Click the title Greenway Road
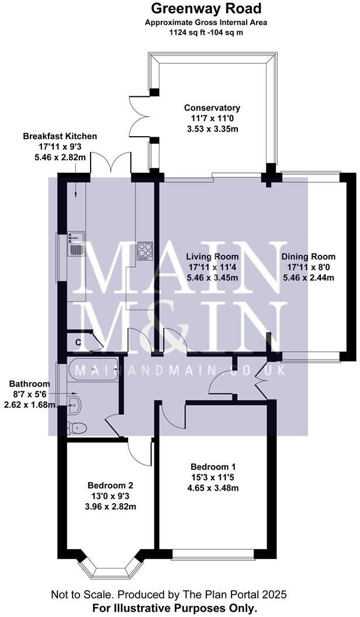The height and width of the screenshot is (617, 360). pyautogui.click(x=198, y=9)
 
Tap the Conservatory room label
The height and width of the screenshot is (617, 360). pyautogui.click(x=212, y=108)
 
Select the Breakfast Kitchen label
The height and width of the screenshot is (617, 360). pyautogui.click(x=60, y=136)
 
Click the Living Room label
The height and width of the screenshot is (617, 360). pyautogui.click(x=212, y=256)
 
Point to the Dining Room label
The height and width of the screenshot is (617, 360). pyautogui.click(x=308, y=256)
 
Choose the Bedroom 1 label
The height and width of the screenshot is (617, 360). pyautogui.click(x=213, y=467)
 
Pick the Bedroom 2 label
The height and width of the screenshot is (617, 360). pyautogui.click(x=110, y=486)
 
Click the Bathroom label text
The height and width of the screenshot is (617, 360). pyautogui.click(x=29, y=384)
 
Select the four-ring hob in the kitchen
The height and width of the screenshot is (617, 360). pyautogui.click(x=144, y=251)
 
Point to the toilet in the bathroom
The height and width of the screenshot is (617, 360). pyautogui.click(x=77, y=428)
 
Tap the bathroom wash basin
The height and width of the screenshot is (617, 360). pyautogui.click(x=75, y=401)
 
